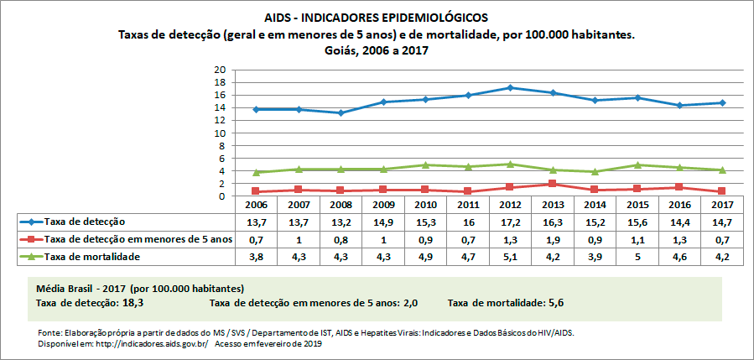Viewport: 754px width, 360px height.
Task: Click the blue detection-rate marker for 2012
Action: [x=511, y=87]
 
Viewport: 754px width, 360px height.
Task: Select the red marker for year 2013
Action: [x=554, y=184]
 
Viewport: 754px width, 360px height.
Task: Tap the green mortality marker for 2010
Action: [x=425, y=165]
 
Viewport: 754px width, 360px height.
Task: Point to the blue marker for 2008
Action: [x=341, y=112]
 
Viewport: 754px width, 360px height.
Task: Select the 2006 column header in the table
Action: [x=255, y=205]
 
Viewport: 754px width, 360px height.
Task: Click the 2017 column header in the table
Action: [x=724, y=205]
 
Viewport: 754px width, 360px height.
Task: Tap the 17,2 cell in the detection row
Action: [x=511, y=222]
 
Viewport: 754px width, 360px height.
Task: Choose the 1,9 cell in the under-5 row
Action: [x=554, y=238]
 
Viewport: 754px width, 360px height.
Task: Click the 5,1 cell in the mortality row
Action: [x=511, y=256]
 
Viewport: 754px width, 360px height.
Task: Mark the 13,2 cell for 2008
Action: [x=341, y=222]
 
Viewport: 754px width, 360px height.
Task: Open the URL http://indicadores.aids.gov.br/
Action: [x=142, y=344]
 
